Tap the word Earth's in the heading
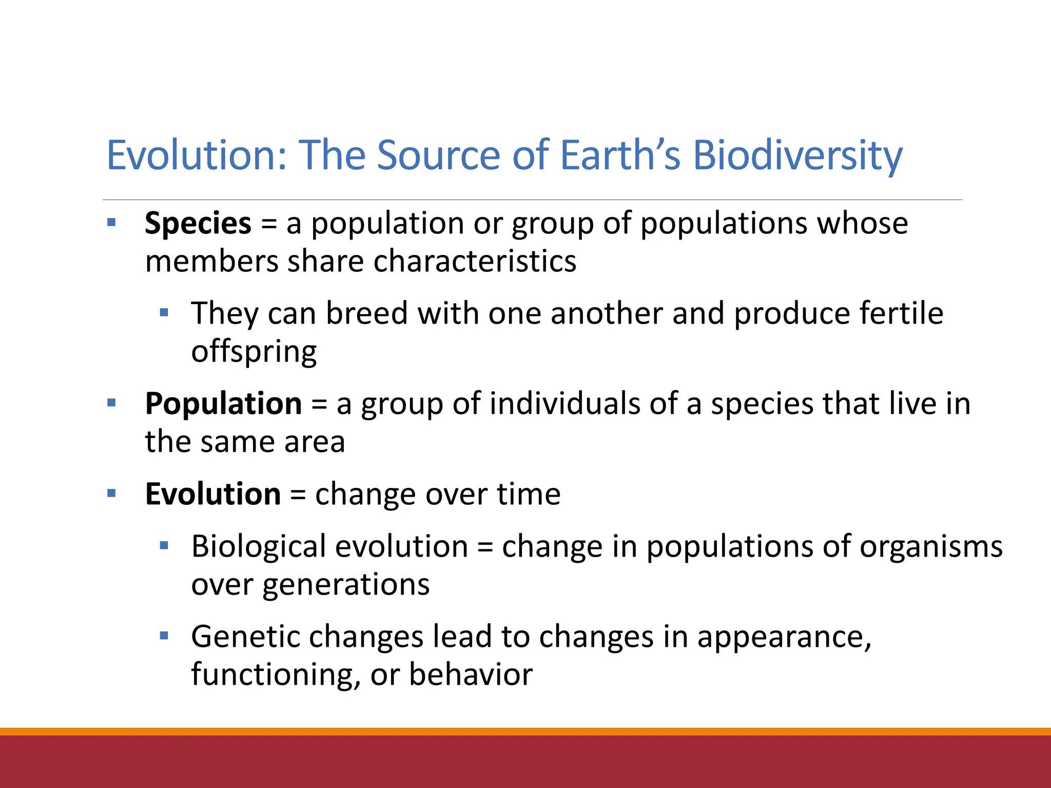[620, 155]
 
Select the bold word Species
[198, 224]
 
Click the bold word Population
[223, 404]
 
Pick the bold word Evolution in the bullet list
[212, 494]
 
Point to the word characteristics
[475, 261]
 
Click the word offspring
[254, 352]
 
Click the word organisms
[931, 546]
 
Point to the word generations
[346, 584]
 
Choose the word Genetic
[245, 637]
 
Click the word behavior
[471, 675]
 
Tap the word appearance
[784, 637]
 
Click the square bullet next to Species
[111, 223]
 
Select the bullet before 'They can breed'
[164, 312]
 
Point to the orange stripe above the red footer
[525, 732]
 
